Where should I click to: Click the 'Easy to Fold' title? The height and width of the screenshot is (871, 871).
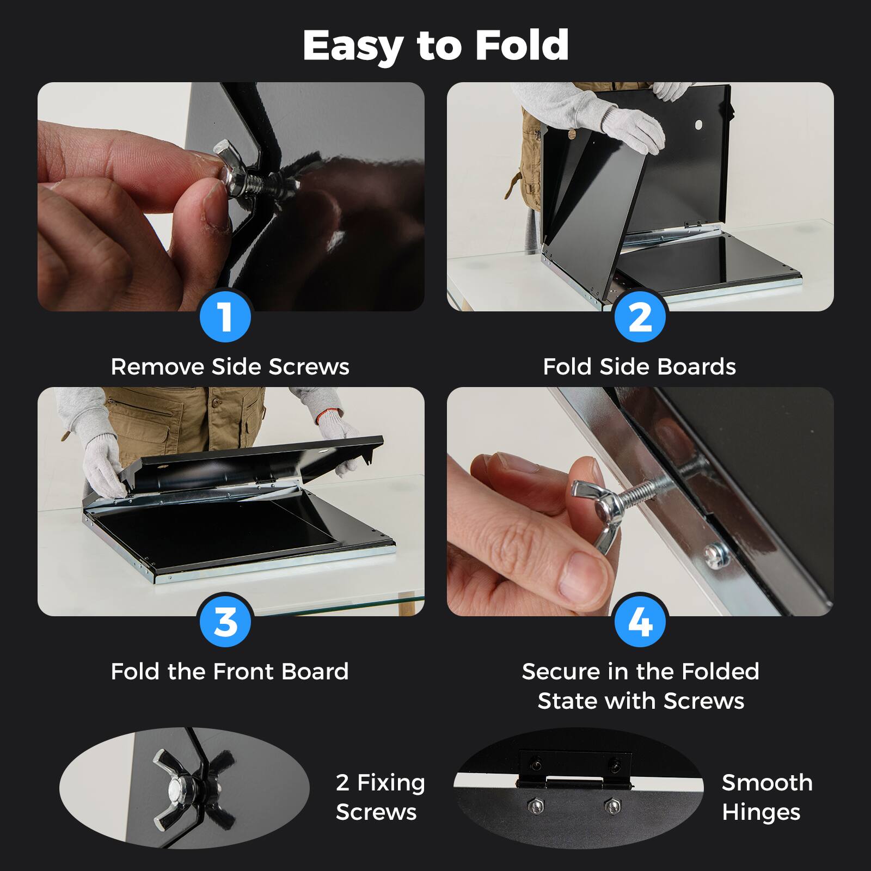coord(436,46)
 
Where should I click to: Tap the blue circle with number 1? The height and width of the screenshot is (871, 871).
coord(225,316)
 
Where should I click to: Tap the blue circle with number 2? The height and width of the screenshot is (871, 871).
coord(640,316)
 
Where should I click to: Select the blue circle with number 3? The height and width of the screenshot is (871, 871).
coord(225,621)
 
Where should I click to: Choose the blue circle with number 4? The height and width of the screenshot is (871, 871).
coord(640,621)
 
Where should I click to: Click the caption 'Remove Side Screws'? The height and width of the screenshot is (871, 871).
coord(230,367)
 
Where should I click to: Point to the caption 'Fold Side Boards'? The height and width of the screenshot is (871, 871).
coord(640,367)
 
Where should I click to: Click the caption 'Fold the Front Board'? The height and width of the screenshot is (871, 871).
coord(230,672)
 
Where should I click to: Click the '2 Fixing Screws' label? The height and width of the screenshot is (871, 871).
coord(380,797)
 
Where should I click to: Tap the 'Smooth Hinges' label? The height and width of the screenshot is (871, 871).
coord(766,797)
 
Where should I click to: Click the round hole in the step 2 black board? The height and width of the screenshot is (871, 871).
coord(699,125)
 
